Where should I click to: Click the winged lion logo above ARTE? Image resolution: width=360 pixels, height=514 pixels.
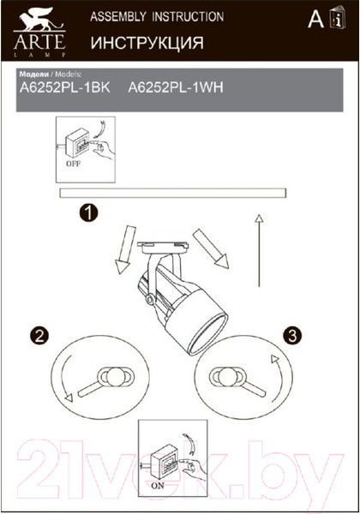[x=39, y=21]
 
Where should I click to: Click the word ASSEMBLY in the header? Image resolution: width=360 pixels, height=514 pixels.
[x=118, y=17]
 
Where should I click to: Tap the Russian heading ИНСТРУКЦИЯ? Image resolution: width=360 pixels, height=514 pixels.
[x=147, y=43]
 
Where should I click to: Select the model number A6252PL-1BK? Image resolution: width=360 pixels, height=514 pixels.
[x=65, y=87]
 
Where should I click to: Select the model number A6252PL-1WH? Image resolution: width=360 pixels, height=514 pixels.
[x=176, y=87]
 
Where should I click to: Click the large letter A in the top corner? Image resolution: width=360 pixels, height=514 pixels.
[x=315, y=20]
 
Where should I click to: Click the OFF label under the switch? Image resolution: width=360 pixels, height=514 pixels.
[x=73, y=164]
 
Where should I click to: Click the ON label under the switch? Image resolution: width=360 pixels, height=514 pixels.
[x=158, y=486]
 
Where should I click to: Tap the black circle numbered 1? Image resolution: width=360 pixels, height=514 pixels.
[x=88, y=212]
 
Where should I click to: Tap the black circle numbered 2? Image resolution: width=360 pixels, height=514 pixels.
[x=39, y=335]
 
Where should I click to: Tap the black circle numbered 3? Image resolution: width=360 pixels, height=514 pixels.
[x=292, y=335]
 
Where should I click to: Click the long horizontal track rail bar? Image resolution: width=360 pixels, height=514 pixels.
[x=173, y=193]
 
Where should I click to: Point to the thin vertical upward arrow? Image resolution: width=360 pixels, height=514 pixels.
[x=259, y=251]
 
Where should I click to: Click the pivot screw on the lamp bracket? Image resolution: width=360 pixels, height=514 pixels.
[x=151, y=300]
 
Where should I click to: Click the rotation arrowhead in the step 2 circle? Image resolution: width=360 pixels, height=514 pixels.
[x=69, y=398]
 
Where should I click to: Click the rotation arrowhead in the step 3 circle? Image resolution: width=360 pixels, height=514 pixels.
[x=275, y=359]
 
